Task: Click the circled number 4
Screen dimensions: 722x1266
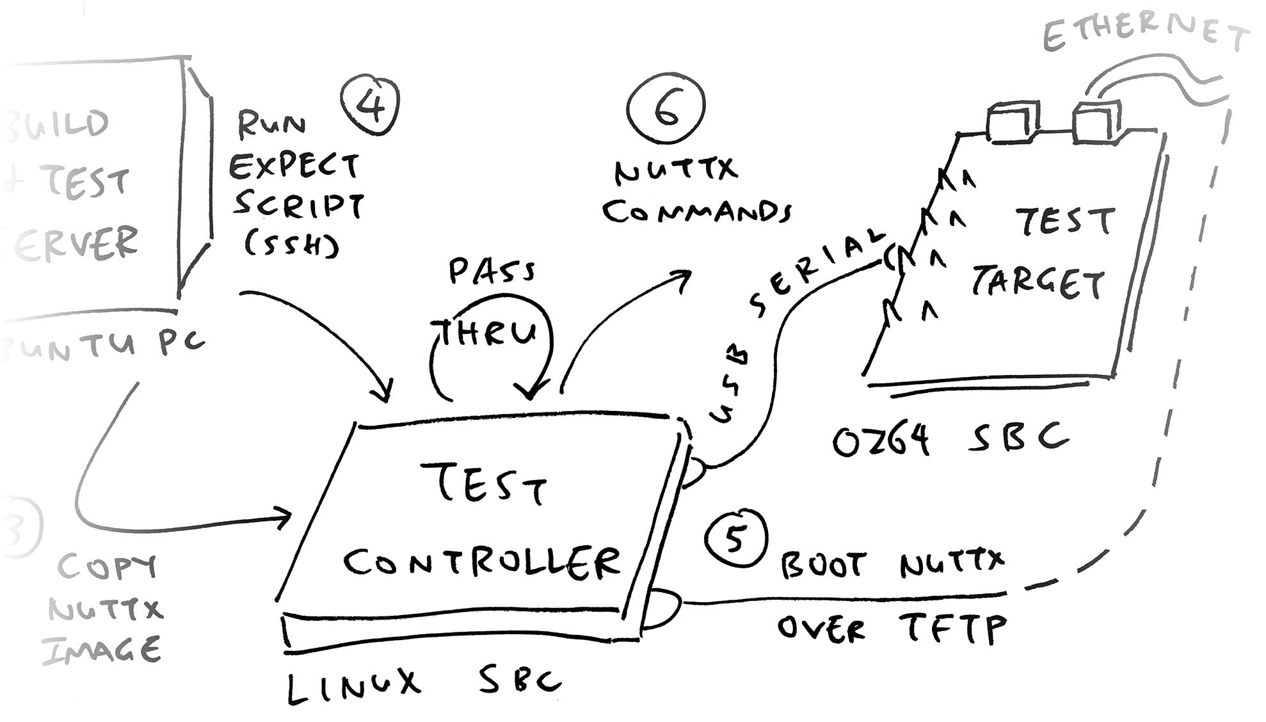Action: [371, 106]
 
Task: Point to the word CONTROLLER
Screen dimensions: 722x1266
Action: [481, 563]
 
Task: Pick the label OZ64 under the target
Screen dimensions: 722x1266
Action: [881, 440]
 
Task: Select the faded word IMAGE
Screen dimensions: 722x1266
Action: [101, 650]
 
